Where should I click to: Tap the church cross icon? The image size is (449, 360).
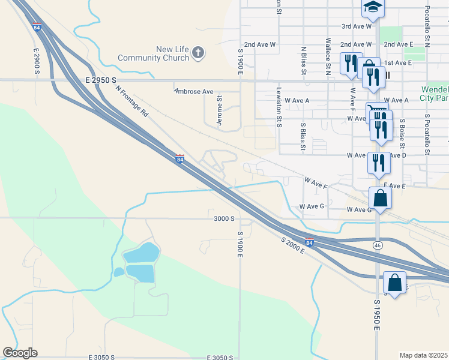tap(197, 53)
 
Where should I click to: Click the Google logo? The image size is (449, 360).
tap(20, 353)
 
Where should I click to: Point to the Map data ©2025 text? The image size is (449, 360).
tap(424, 355)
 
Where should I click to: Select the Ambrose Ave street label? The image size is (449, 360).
tap(194, 92)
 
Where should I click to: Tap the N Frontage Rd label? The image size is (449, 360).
tap(131, 100)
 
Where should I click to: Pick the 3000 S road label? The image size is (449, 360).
tap(223, 219)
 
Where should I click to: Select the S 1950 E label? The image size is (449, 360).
tap(377, 315)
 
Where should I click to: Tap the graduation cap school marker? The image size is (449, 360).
tap(373, 8)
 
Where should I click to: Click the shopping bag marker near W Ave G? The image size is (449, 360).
tap(381, 197)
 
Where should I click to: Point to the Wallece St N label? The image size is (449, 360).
tap(328, 58)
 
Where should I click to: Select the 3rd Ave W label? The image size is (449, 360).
tap(357, 26)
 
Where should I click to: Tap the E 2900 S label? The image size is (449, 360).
tap(36, 61)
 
